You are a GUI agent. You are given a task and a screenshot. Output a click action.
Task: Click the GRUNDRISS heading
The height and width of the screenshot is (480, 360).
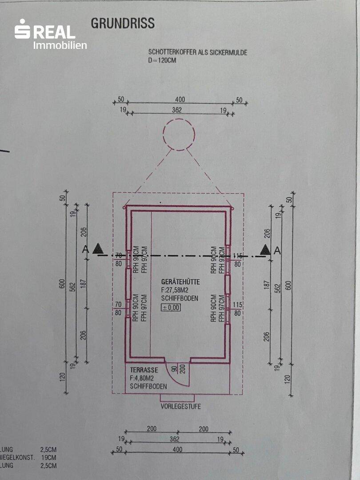click(x=123, y=23)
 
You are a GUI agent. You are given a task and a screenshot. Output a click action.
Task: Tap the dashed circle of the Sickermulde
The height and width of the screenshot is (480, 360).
click(x=179, y=133)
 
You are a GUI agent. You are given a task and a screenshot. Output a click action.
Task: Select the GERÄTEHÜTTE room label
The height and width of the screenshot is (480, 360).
click(x=181, y=282)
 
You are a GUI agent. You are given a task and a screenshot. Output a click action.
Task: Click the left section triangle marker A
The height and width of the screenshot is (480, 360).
click(x=98, y=249)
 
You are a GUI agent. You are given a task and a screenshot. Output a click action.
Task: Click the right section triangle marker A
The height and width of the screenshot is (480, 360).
click(x=265, y=250)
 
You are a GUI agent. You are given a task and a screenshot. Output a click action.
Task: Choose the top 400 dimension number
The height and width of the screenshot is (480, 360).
click(x=180, y=100)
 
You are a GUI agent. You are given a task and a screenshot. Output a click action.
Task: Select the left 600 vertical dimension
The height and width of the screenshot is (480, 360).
click(x=62, y=283)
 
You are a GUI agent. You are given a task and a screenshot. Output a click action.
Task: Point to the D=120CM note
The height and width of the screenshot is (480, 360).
click(x=163, y=60)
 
